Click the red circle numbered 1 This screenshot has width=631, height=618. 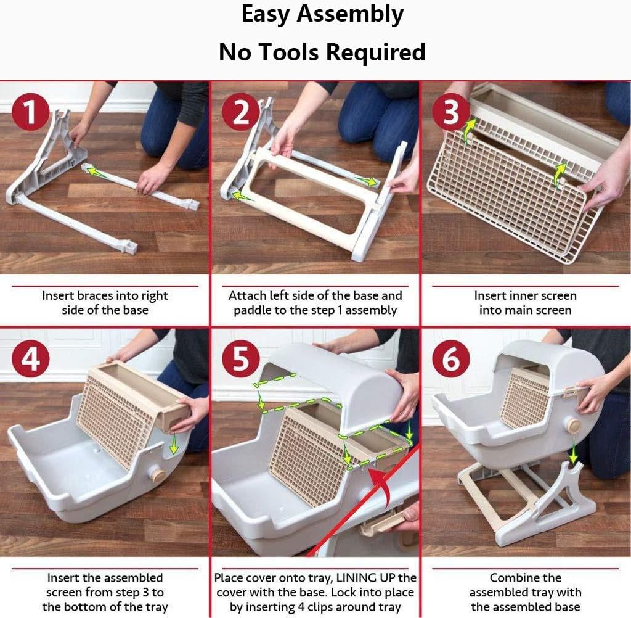pyautogui.click(x=31, y=111)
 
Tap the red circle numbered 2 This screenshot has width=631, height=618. pyautogui.click(x=241, y=111)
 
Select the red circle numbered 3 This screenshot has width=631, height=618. pyautogui.click(x=451, y=111)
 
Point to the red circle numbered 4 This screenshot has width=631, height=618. pyautogui.click(x=31, y=358)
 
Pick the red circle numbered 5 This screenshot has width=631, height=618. pyautogui.click(x=241, y=358)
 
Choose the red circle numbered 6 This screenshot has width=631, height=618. pyautogui.click(x=451, y=358)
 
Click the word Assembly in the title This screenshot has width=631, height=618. pyautogui.click(x=350, y=15)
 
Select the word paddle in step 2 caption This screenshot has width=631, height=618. pyautogui.click(x=252, y=310)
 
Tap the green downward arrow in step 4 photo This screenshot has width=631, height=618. pyautogui.click(x=174, y=443)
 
